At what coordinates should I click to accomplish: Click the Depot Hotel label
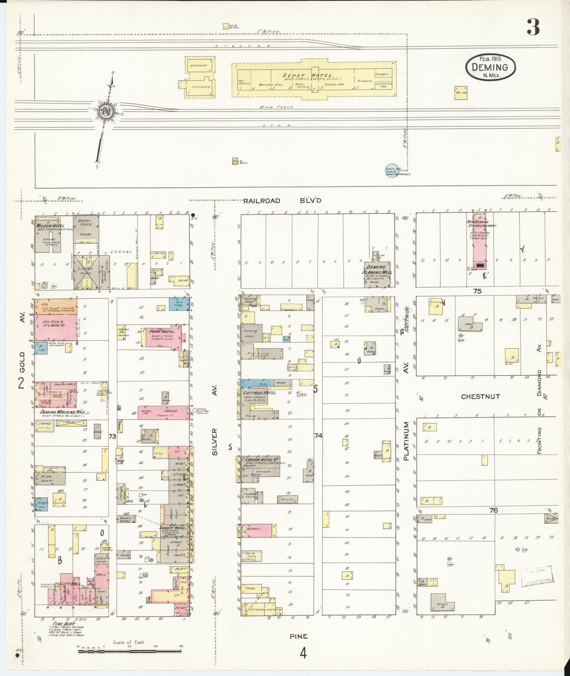click(307, 75)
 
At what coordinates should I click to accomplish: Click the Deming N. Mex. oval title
click(490, 67)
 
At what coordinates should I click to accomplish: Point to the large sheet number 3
click(533, 27)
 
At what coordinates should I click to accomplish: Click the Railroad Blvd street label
click(282, 201)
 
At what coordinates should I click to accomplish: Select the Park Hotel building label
click(158, 332)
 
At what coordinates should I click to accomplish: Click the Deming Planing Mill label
click(377, 270)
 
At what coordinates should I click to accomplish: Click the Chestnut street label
click(480, 396)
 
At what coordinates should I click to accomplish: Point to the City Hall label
click(70, 584)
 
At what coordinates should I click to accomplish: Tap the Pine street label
click(299, 636)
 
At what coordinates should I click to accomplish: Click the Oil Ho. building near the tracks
click(461, 93)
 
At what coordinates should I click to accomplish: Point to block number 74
click(318, 436)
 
